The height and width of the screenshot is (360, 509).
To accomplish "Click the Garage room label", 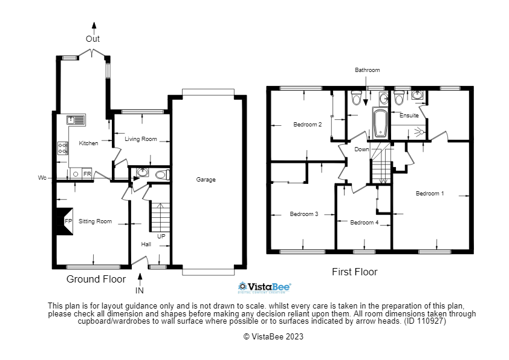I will pyautogui.click(x=206, y=180).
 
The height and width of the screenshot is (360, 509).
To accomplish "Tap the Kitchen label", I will pyautogui.click(x=88, y=143).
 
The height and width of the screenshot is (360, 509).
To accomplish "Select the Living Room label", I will pyautogui.click(x=141, y=139).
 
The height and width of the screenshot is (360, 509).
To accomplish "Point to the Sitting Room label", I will pyautogui.click(x=96, y=221).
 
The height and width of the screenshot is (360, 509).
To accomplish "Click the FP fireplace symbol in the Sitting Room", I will pyautogui.click(x=63, y=221).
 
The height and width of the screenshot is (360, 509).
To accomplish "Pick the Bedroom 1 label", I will pyautogui.click(x=430, y=194).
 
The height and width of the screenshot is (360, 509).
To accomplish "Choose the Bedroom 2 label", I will pyautogui.click(x=307, y=125).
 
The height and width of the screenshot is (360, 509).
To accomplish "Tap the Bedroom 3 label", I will pyautogui.click(x=303, y=214).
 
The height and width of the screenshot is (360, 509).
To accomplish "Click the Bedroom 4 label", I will pyautogui.click(x=364, y=223).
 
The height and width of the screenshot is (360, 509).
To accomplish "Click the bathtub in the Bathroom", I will pyautogui.click(x=380, y=123).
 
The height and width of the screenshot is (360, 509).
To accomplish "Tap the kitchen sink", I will pyautogui.click(x=76, y=119).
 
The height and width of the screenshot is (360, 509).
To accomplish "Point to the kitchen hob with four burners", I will pyautogui.click(x=63, y=148).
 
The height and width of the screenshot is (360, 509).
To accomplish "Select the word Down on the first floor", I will pyautogui.click(x=361, y=149).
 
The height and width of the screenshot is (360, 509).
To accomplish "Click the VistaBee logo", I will pyautogui.click(x=265, y=287).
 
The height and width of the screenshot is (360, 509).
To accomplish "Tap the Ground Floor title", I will pyautogui.click(x=96, y=279).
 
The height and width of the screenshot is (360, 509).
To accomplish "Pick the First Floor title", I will pyautogui.click(x=354, y=272).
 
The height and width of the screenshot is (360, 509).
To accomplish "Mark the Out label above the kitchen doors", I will pyautogui.click(x=93, y=39).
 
